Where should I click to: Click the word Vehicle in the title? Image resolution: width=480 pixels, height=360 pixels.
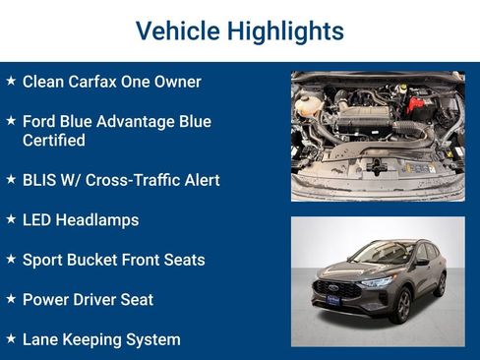click(174, 30)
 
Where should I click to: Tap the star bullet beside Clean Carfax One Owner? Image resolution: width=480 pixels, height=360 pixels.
click(11, 81)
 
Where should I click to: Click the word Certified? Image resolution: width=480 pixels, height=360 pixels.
click(54, 141)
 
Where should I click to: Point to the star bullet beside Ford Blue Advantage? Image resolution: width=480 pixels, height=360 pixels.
click(11, 120)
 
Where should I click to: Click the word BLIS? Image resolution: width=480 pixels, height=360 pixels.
click(40, 180)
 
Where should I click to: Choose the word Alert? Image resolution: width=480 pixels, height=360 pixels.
click(198, 180)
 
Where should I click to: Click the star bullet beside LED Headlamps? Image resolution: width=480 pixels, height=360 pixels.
click(11, 218)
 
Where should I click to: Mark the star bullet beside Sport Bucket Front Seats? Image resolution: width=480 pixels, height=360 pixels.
click(11, 259)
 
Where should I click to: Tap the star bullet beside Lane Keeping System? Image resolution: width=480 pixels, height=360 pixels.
click(11, 337)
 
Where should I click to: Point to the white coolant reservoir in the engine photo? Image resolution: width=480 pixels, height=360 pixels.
click(308, 104)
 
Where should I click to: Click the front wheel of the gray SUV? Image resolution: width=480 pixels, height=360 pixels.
click(400, 304)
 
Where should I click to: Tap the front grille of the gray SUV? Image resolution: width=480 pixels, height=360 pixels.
click(336, 291)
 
